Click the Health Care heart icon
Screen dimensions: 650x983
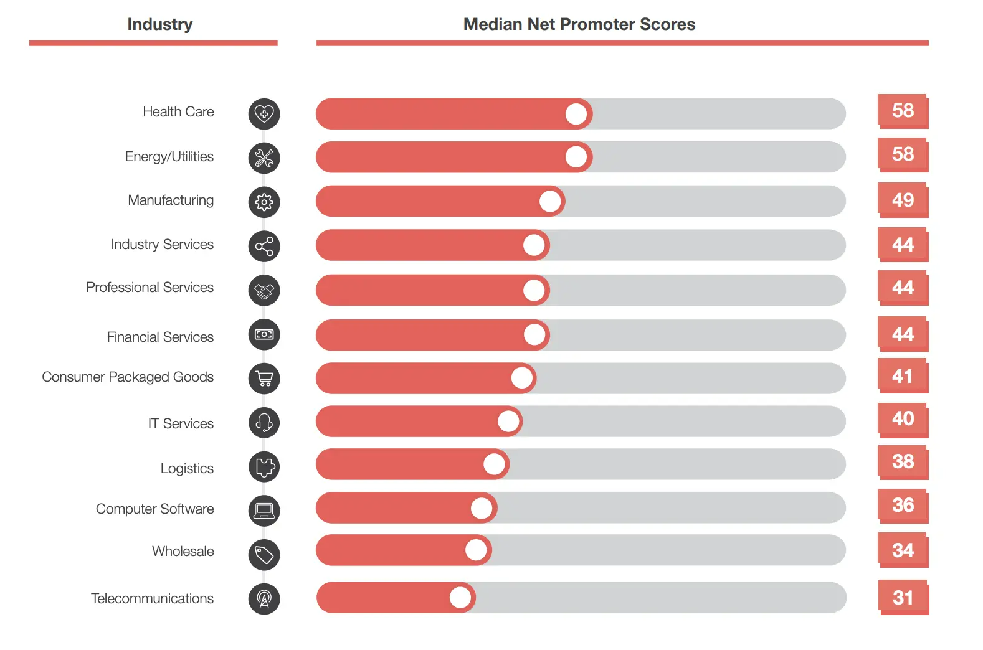(264, 114)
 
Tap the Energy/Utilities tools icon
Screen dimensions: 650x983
(264, 158)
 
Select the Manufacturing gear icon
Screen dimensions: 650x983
(264, 202)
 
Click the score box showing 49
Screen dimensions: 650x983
(903, 200)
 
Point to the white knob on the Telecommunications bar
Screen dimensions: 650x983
(460, 598)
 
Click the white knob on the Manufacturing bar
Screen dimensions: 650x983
(550, 201)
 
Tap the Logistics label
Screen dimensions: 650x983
(187, 468)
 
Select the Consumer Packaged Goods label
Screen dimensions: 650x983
(128, 377)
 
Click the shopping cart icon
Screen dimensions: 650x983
(264, 379)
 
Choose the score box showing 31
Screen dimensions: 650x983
(903, 598)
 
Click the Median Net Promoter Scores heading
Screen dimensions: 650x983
(579, 24)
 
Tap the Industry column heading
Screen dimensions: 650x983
(160, 24)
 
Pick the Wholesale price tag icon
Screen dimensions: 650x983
(264, 555)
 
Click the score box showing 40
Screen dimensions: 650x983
(903, 419)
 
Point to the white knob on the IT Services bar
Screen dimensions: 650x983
(509, 422)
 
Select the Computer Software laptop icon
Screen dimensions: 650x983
(264, 511)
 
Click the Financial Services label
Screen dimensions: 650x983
(160, 337)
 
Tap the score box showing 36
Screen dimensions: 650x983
(903, 505)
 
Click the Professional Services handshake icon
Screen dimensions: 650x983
(264, 291)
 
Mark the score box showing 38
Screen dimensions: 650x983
(903, 461)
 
